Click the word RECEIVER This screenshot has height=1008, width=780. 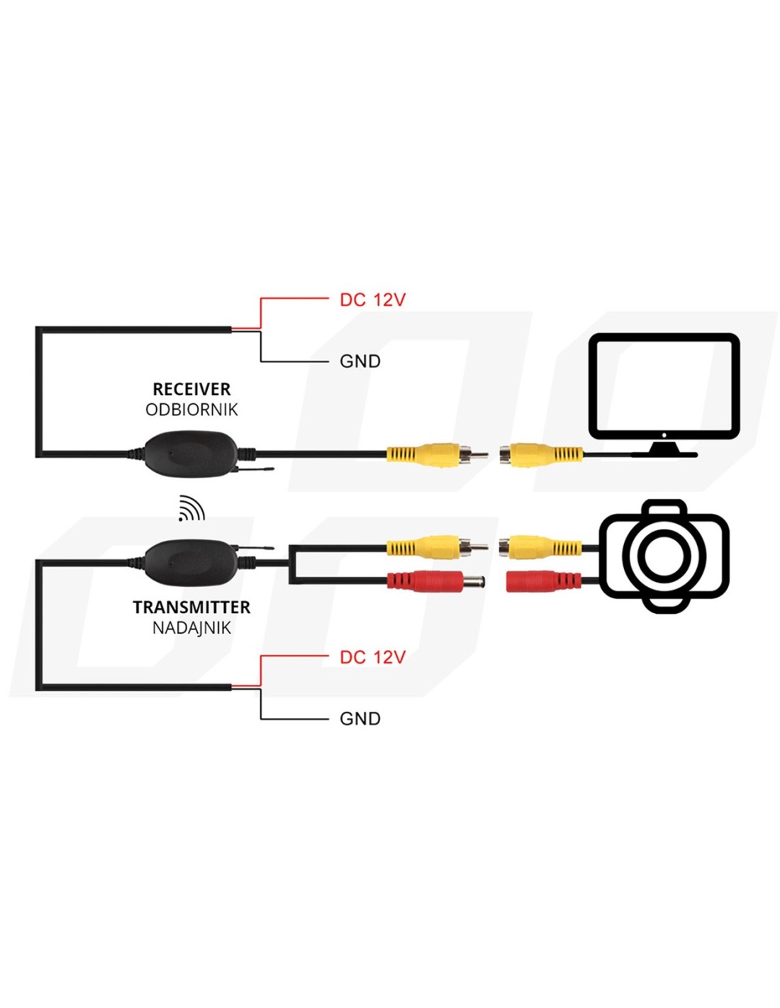pyautogui.click(x=191, y=389)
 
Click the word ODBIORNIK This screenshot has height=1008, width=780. pyautogui.click(x=191, y=410)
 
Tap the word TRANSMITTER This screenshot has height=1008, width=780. pyautogui.click(x=191, y=607)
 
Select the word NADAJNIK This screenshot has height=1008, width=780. pyautogui.click(x=191, y=627)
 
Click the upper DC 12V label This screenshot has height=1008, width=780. pyautogui.click(x=372, y=300)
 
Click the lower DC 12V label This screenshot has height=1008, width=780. pyautogui.click(x=372, y=657)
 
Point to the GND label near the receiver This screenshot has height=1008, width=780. pyautogui.click(x=360, y=362)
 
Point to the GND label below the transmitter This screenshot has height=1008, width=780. pyautogui.click(x=360, y=719)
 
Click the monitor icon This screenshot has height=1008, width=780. pyautogui.click(x=664, y=393)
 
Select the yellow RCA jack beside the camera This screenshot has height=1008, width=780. pyautogui.click(x=539, y=547)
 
